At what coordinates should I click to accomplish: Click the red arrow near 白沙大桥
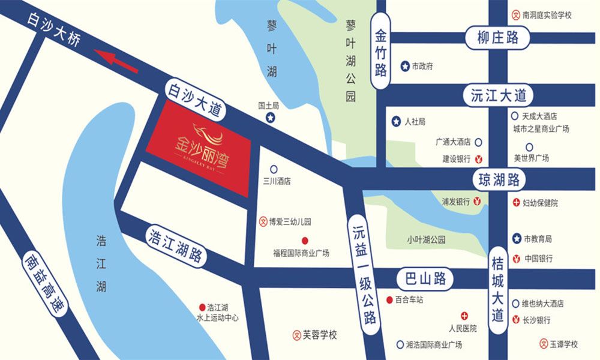click(118, 61)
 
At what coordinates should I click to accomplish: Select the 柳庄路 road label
click(497, 38)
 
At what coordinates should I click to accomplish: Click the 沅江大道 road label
click(498, 95)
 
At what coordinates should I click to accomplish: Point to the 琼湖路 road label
click(499, 179)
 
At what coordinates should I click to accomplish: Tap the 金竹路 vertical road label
click(380, 52)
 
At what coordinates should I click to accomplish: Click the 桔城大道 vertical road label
click(497, 287)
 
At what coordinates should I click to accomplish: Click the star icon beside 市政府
click(405, 66)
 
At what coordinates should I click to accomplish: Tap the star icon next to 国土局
click(271, 118)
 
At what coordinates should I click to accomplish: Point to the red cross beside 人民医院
click(464, 316)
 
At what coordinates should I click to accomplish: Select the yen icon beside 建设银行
click(478, 159)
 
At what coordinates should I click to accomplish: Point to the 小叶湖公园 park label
click(426, 240)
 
